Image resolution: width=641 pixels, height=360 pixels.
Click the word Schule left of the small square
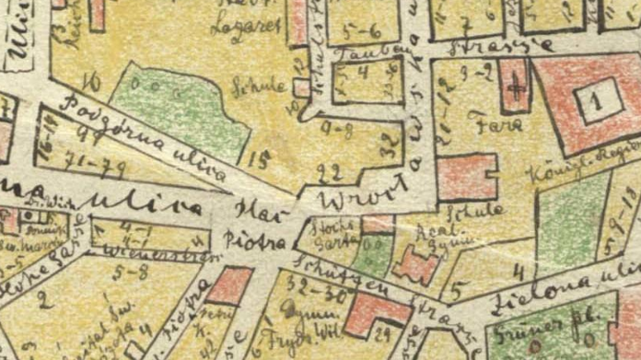[x=272, y=83]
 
